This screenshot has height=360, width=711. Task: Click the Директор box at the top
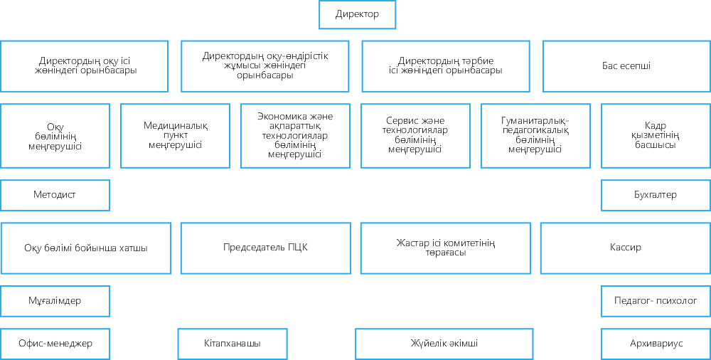[x=358, y=14]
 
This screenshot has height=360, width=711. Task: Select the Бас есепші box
[x=626, y=66]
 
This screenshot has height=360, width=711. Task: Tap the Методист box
[x=55, y=195]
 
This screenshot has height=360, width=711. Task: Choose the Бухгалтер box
[x=656, y=195]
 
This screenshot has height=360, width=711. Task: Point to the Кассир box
[x=626, y=248]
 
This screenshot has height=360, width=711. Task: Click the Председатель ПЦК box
[x=266, y=248]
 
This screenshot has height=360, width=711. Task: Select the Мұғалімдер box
[x=55, y=301]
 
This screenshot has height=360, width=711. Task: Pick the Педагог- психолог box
[x=656, y=301]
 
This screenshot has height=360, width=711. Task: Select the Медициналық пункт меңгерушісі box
[x=175, y=136]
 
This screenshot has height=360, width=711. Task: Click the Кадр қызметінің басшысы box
[x=656, y=136]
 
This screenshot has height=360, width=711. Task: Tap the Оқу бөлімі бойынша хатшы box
[x=86, y=248]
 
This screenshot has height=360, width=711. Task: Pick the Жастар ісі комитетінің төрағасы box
[x=446, y=248]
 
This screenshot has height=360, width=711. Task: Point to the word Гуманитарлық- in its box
[x=535, y=121]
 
